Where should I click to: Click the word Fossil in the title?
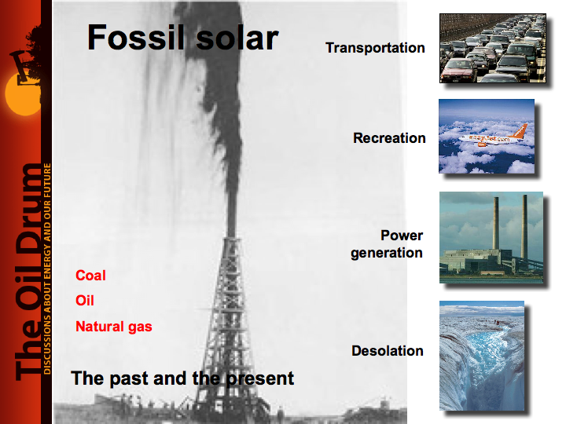point(136,38)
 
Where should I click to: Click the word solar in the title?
point(237,38)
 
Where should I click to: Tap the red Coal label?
point(90,276)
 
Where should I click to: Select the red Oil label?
point(85,300)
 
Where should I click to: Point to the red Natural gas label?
point(114,327)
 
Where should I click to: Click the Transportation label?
point(375,48)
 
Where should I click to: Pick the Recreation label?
point(389,138)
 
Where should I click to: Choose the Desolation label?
point(388,351)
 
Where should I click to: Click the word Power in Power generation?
point(402,236)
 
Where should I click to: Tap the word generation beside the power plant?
point(387,253)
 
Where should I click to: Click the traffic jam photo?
point(493,49)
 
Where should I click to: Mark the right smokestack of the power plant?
point(524,226)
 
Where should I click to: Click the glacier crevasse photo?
point(482,356)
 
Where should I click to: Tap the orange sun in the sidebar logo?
point(23,93)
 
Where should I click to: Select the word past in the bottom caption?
point(129,378)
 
